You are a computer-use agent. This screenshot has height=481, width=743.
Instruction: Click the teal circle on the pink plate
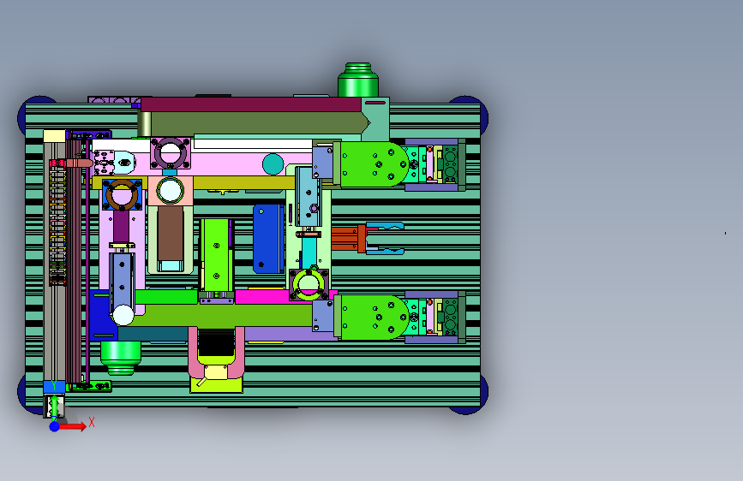coord(273,163)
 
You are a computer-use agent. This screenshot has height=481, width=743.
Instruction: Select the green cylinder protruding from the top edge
coord(357,80)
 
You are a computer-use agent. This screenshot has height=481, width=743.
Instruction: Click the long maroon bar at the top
coord(251,104)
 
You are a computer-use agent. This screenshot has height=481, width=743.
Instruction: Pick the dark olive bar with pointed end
coord(256,123)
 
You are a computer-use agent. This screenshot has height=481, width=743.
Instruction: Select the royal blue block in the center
coord(268,239)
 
